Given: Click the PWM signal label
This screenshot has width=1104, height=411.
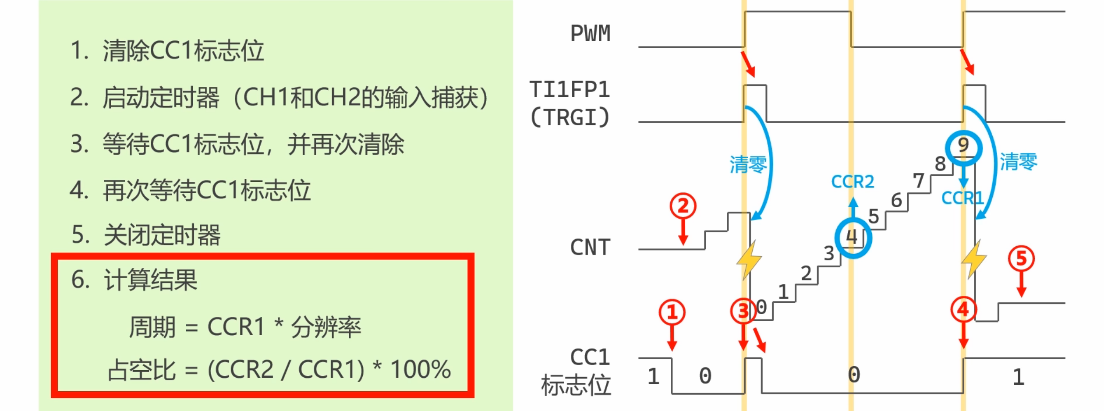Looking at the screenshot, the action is (x=590, y=34).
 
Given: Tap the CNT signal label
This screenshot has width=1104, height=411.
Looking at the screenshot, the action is (x=590, y=248).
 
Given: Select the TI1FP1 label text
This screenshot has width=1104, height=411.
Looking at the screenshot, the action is (x=570, y=90).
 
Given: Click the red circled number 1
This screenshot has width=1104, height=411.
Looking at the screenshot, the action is (x=672, y=312).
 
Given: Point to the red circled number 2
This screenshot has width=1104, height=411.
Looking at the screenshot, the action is (x=683, y=206).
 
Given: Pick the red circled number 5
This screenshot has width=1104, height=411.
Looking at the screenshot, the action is (x=1021, y=259).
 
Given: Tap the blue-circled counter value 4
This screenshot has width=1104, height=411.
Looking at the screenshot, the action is (x=853, y=237).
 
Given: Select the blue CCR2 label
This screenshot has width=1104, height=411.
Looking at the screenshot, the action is (x=853, y=181).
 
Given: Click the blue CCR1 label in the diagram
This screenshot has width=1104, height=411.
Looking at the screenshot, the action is (x=962, y=198).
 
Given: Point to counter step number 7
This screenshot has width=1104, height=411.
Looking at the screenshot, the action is (x=919, y=181).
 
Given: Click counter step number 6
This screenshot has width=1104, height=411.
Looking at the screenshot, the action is (x=897, y=201).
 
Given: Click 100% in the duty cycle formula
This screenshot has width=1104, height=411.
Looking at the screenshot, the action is (x=421, y=369).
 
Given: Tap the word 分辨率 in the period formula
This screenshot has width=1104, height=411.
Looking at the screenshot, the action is (x=326, y=327).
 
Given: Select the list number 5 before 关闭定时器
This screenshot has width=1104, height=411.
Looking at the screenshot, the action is (x=80, y=234).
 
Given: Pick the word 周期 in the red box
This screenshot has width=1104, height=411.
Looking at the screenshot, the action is (x=152, y=327).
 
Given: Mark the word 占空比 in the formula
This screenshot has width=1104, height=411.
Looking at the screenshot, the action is (x=142, y=369).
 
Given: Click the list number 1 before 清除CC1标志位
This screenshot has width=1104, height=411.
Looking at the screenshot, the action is (x=79, y=50).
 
